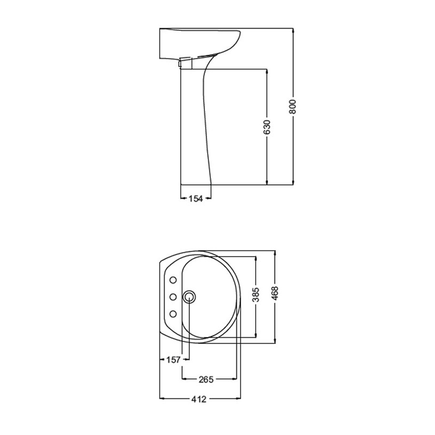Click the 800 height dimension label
pos(292,107)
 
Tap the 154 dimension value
pos(196,198)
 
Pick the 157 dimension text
pos(173,360)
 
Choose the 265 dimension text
pos(205,379)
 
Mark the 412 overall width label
pos(199,399)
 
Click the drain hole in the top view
pos(189,296)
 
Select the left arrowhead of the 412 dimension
pos(162,399)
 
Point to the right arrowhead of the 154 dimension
pos(209,198)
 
